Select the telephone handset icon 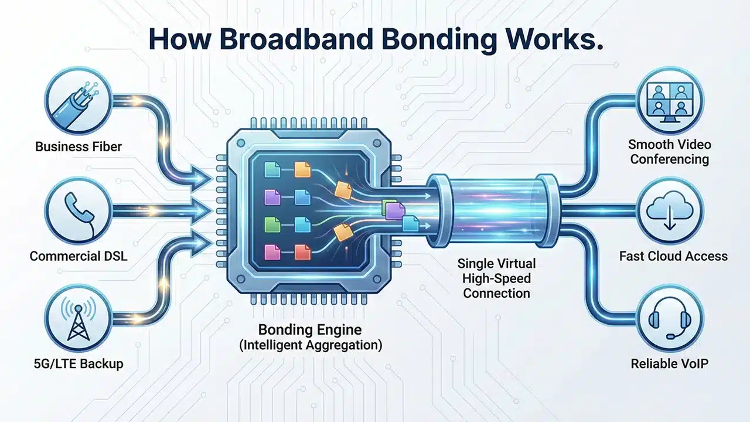[x=77, y=209]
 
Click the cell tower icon [x=77, y=317]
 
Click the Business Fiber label [x=78, y=146]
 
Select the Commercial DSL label [x=78, y=256]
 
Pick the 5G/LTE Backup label [x=78, y=363]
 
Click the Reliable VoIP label [x=669, y=363]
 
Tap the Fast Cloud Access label [x=673, y=256]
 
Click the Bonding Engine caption [x=311, y=329]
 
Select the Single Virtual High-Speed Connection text [x=496, y=278]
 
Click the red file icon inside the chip [x=302, y=253]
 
